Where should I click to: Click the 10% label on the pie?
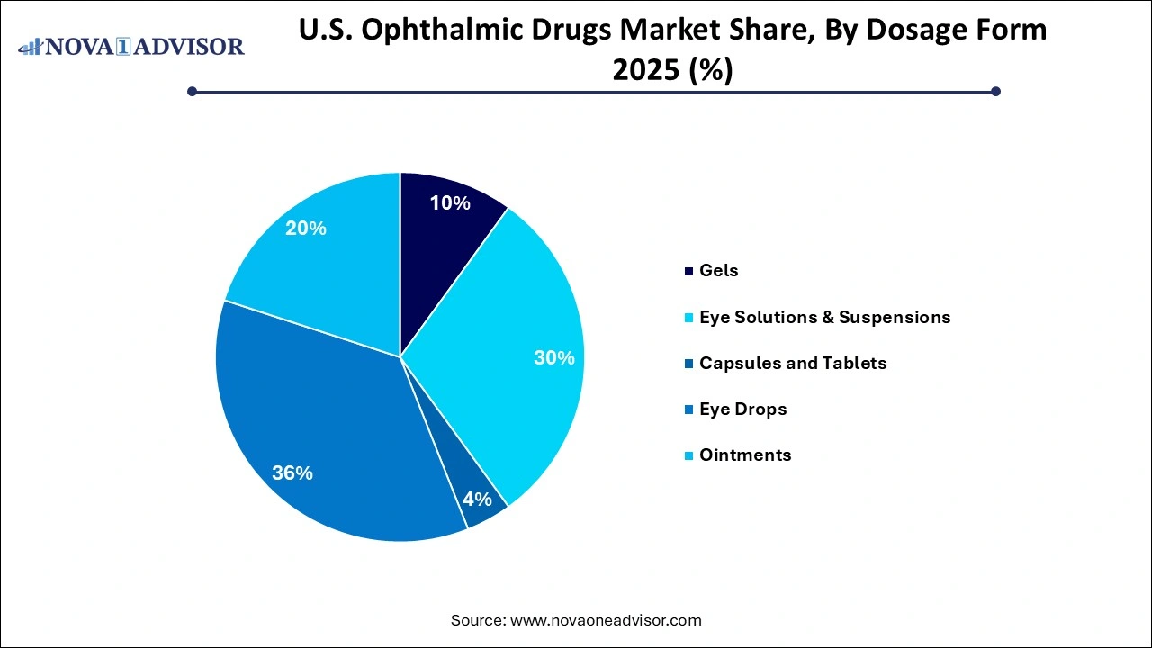449,203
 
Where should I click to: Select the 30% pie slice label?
553,357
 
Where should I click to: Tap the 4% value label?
477,499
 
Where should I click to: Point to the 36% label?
292,472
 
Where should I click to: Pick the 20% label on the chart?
305,229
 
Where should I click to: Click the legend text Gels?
718,270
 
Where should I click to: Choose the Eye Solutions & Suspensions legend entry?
824,317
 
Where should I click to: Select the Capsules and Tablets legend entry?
792,363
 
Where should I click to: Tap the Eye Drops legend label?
742,409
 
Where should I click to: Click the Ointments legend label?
744,454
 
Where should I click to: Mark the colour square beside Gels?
689,271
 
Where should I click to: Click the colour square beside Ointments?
689,455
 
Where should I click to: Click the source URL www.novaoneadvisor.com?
605,620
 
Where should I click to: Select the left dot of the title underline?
192,91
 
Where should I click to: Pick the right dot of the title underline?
995,91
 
